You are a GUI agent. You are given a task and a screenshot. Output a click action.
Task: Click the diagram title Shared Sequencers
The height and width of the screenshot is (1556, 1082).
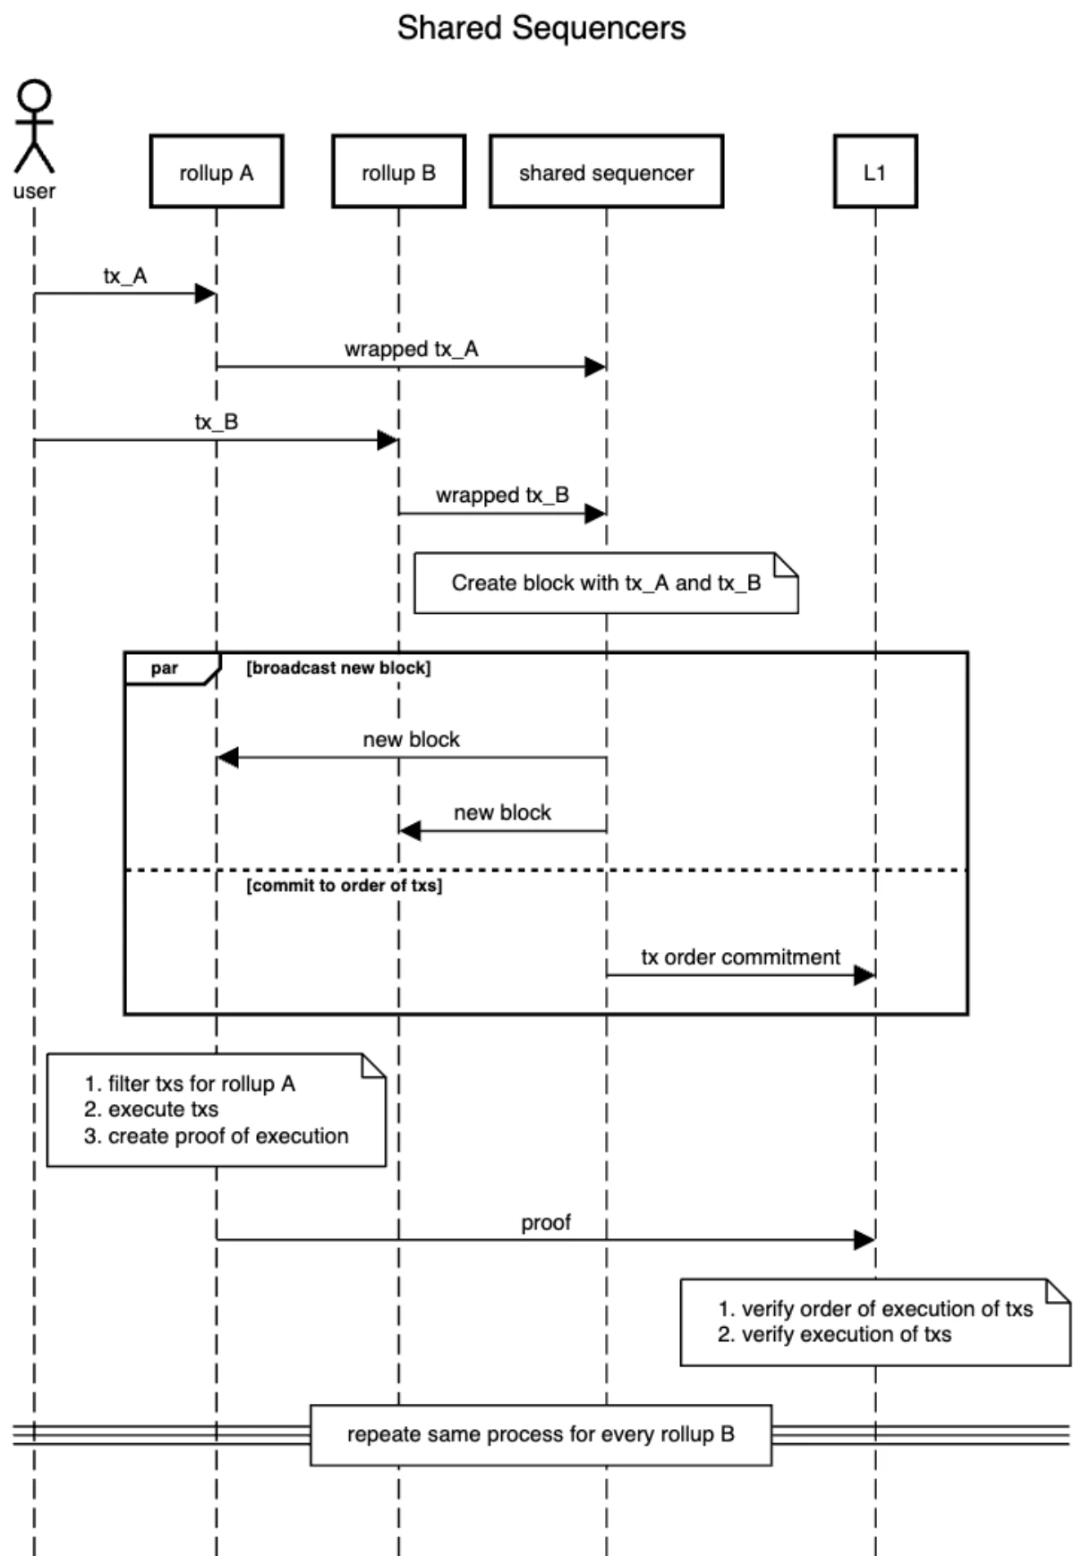pyautogui.click(x=541, y=28)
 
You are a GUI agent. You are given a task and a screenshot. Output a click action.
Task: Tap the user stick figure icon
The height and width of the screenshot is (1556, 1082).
pyautogui.click(x=34, y=127)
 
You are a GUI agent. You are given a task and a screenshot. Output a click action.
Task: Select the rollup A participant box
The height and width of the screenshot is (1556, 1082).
pyautogui.click(x=217, y=172)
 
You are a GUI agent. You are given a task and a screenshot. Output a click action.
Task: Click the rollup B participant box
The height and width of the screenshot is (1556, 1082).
pyautogui.click(x=398, y=172)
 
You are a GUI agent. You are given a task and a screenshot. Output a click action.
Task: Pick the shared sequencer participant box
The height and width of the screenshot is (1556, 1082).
pyautogui.click(x=606, y=172)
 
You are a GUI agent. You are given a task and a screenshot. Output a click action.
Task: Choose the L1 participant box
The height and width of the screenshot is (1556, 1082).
pyautogui.click(x=874, y=172)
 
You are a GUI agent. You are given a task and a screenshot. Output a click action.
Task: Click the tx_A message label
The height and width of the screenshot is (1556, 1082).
pyautogui.click(x=124, y=276)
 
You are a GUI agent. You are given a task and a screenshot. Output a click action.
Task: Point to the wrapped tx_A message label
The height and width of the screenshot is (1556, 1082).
pyautogui.click(x=411, y=349)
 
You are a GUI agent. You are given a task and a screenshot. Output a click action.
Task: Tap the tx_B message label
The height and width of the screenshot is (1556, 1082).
pyautogui.click(x=217, y=421)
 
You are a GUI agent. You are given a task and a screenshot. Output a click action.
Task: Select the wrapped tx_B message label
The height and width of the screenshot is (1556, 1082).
pyautogui.click(x=502, y=495)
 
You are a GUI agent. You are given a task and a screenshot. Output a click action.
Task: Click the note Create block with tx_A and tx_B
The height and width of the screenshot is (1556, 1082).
pyautogui.click(x=605, y=582)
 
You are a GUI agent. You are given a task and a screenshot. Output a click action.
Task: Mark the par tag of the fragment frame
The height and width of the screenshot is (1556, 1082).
pyautogui.click(x=165, y=668)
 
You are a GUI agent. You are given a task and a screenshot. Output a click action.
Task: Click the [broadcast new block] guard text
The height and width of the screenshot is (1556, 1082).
pyautogui.click(x=338, y=667)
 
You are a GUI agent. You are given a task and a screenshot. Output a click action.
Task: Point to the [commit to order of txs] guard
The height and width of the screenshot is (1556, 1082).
pyautogui.click(x=344, y=885)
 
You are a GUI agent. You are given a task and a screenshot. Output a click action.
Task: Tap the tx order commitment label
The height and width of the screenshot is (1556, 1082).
pyautogui.click(x=740, y=957)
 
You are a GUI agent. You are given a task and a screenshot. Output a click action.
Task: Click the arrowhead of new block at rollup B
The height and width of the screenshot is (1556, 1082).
pyautogui.click(x=410, y=831)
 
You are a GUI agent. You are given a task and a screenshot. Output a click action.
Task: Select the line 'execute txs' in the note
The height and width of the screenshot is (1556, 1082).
pyautogui.click(x=163, y=1110)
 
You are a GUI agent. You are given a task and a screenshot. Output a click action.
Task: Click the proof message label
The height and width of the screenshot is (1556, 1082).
pyautogui.click(x=546, y=1222)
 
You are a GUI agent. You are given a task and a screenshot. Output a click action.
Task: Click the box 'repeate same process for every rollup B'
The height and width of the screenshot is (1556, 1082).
pyautogui.click(x=541, y=1434)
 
